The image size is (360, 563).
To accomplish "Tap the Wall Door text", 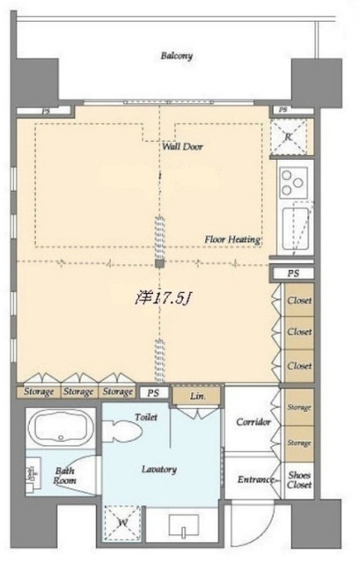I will pos(182,147).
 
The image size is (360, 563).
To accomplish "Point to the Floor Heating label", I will pos(232,238).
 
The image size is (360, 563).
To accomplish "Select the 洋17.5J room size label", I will pos(157,298).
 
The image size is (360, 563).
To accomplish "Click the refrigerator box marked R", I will pos(285,136).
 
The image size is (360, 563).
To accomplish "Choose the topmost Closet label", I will pos(300,301).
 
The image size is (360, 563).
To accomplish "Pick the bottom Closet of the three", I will pos(300,365).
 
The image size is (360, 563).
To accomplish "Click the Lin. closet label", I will pos(200,398).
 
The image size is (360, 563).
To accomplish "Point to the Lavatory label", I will pos(158,469).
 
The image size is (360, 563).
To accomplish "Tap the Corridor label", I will pos(253,422).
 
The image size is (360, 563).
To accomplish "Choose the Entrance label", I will pos(254,480).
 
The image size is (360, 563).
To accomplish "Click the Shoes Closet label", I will pos(300,480).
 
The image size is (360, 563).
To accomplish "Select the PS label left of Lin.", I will pos(153,392).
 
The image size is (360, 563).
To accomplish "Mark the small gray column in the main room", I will pos(158,262).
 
